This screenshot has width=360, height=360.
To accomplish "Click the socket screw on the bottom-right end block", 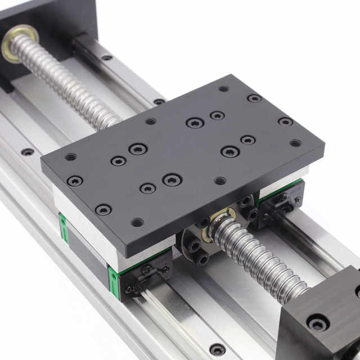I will (x=317, y=323).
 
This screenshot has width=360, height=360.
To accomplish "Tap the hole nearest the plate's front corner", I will (x=137, y=222).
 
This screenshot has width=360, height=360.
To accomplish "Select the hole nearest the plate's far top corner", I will (x=224, y=88).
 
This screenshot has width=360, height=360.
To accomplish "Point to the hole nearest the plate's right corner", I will (x=295, y=143).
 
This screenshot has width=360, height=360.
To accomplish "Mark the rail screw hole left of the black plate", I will (x=27, y=152).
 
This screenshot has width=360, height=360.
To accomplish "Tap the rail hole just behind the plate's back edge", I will (x=160, y=102).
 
